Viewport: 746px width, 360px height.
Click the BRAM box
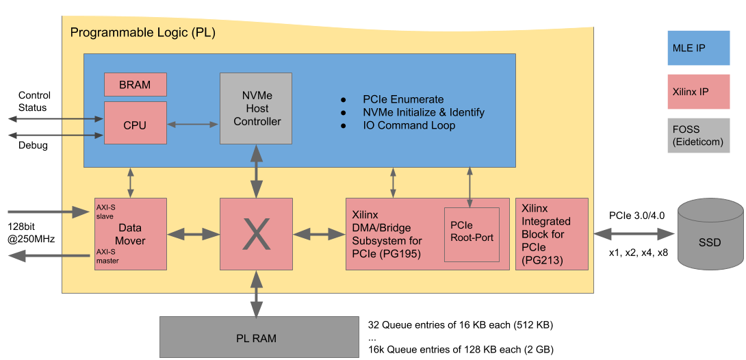(x=136, y=84)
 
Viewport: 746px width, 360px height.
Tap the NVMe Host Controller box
(x=256, y=108)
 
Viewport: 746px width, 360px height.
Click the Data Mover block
(x=130, y=233)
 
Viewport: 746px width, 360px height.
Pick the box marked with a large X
(x=256, y=233)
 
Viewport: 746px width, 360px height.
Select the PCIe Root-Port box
(x=472, y=234)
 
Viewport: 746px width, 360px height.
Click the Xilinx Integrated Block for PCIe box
(x=552, y=233)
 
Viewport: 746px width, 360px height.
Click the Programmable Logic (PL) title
(x=143, y=32)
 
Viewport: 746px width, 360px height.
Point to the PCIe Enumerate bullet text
(x=403, y=99)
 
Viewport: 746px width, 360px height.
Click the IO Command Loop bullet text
(x=409, y=125)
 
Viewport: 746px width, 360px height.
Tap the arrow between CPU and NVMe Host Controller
(x=193, y=124)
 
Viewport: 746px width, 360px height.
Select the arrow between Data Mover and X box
(x=193, y=234)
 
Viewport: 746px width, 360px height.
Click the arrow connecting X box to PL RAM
(x=257, y=293)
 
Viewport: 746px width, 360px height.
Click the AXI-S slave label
(x=105, y=211)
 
